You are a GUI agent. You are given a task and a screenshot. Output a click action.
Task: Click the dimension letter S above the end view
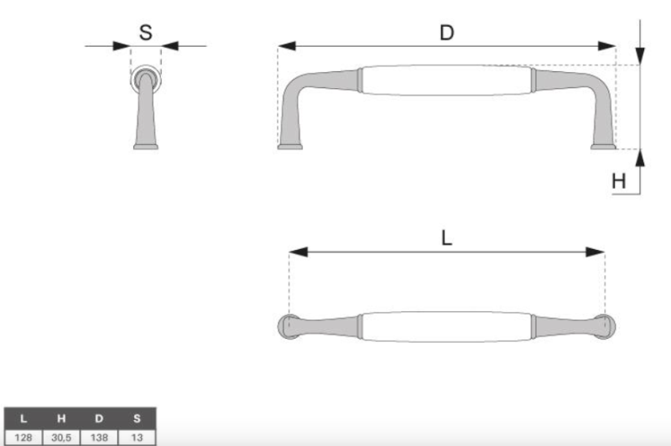pos(145,33)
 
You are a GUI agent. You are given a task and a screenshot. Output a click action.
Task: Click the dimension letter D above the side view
pos(447,33)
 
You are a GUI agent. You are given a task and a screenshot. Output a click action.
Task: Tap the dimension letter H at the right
pos(619,181)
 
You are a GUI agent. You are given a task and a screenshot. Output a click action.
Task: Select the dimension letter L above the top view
pos(446,238)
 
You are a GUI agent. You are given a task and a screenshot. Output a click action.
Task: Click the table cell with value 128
pos(23,438)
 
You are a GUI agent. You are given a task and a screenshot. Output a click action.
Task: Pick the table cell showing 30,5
pos(61,438)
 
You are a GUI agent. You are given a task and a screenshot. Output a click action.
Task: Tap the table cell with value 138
pos(99,438)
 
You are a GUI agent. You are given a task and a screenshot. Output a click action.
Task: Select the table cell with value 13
pos(137,438)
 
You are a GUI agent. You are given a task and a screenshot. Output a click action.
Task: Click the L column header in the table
pos(23,418)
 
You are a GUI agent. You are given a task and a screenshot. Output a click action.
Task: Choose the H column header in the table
pos(61,418)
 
